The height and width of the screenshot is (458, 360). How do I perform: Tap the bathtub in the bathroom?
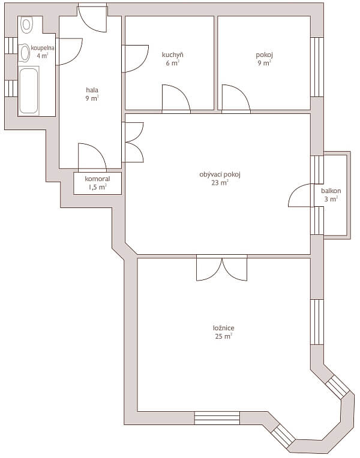(x=28, y=91)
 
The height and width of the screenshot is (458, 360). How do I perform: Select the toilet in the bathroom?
(x=26, y=25)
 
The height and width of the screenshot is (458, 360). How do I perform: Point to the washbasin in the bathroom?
(x=25, y=53)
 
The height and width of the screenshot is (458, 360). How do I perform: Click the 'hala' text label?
(x=92, y=90)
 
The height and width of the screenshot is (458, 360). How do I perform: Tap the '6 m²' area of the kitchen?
(x=172, y=62)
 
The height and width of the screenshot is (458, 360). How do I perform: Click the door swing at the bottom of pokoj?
(x=235, y=99)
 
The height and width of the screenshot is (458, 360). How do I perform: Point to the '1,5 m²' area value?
(x=97, y=187)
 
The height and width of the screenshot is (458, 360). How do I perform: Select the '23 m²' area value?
(x=220, y=183)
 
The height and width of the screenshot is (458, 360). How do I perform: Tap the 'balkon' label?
(x=331, y=191)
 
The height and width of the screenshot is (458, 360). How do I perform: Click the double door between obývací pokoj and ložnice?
(x=221, y=268)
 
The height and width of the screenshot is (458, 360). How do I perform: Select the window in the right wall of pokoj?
(x=317, y=67)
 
